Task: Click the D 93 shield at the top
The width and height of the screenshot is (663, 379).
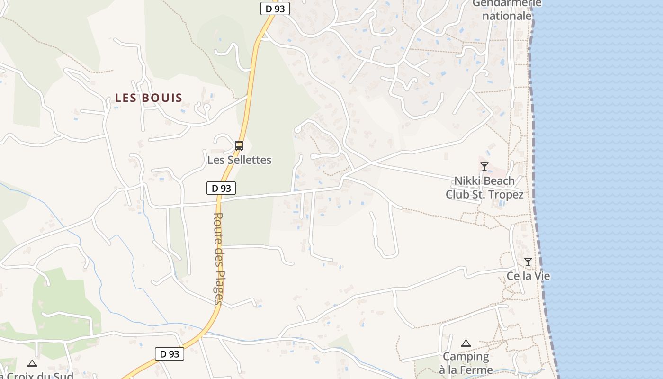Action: pyautogui.click(x=275, y=9)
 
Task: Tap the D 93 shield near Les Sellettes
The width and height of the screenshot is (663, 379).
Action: pyautogui.click(x=221, y=188)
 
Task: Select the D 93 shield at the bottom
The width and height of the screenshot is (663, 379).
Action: pyautogui.click(x=169, y=353)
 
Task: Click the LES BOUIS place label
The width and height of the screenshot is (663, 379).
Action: pyautogui.click(x=149, y=98)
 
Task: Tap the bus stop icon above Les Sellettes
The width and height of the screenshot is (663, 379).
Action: pyautogui.click(x=239, y=146)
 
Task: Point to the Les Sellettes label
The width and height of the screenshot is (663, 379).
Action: pyautogui.click(x=239, y=160)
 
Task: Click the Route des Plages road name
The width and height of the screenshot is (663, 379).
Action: pyautogui.click(x=218, y=258)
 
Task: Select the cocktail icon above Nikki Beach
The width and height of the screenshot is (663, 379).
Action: pyautogui.click(x=484, y=166)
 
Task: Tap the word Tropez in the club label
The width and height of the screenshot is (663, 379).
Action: pyautogui.click(x=507, y=195)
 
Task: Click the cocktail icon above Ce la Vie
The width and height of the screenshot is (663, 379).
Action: pyautogui.click(x=528, y=262)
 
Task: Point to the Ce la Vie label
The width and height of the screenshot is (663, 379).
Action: pyautogui.click(x=528, y=276)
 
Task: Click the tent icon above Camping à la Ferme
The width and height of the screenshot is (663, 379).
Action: pyautogui.click(x=466, y=343)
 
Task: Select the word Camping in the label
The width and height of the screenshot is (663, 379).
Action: pyautogui.click(x=466, y=357)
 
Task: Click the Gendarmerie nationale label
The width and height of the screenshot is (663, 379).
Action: pyautogui.click(x=507, y=10)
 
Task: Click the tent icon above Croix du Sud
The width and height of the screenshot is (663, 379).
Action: pyautogui.click(x=32, y=364)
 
